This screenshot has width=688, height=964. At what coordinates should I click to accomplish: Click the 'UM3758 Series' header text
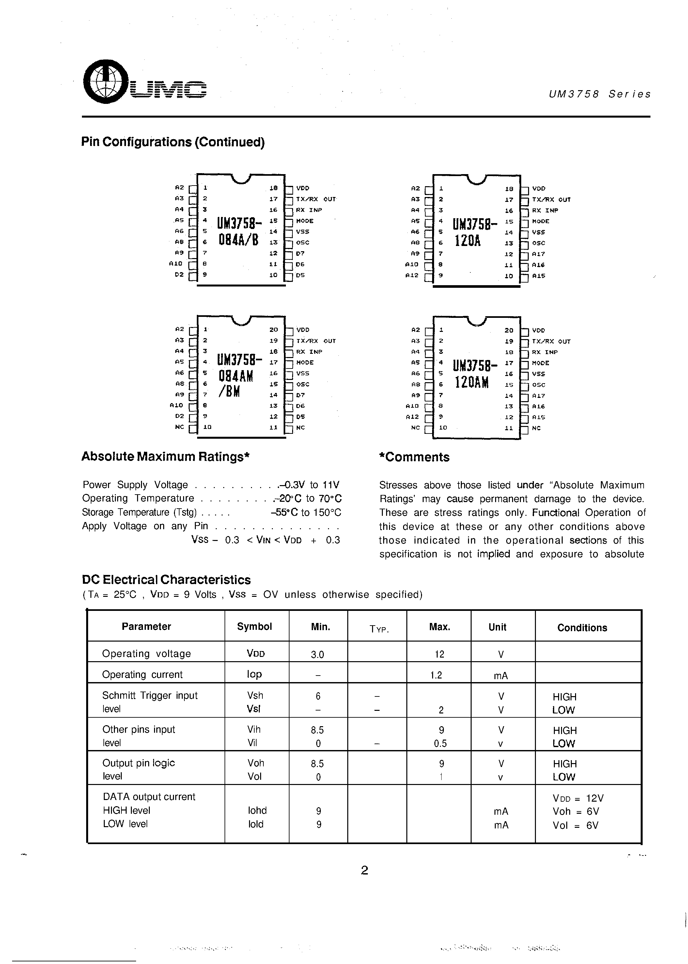click(600, 94)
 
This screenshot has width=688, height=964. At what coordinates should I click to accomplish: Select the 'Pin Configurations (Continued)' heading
click(173, 142)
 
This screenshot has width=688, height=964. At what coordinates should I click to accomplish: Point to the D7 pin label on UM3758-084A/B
click(300, 253)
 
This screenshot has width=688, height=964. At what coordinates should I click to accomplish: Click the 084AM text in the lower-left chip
click(236, 376)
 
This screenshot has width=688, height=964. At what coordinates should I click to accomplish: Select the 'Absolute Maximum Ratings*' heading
click(165, 457)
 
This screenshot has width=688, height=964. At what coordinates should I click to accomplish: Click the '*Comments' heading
click(414, 457)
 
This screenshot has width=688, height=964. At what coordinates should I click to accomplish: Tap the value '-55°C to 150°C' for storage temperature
click(305, 513)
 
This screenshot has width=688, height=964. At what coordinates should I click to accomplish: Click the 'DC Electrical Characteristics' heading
click(166, 580)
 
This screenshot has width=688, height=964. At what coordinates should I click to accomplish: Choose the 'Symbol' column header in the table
click(254, 627)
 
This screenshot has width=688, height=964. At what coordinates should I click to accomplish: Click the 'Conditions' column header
click(582, 628)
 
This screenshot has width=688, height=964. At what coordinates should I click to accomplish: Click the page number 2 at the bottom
click(364, 871)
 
